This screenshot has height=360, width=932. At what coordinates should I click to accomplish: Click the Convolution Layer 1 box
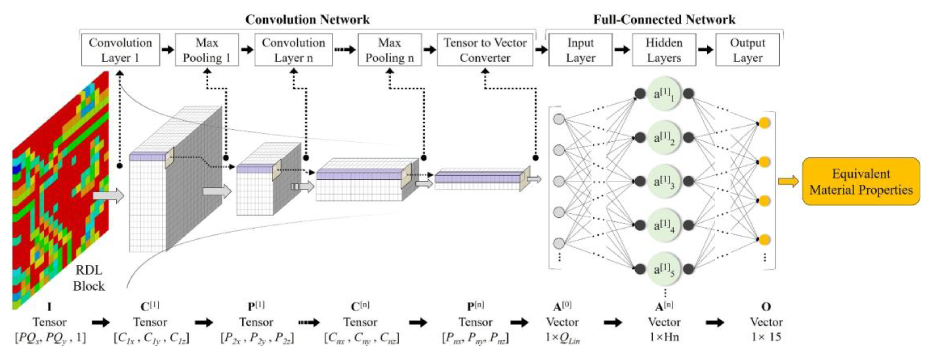pyautogui.click(x=120, y=50)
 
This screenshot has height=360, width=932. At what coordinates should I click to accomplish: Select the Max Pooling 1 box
pyautogui.click(x=207, y=50)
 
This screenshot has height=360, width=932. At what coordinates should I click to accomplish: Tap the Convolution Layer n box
pyautogui.click(x=293, y=50)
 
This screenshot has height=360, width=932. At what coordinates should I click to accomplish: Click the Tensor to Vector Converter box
pyautogui.click(x=485, y=50)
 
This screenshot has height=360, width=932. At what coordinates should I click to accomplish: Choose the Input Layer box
pyautogui.click(x=580, y=50)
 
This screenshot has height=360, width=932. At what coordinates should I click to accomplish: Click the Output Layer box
pyautogui.click(x=747, y=50)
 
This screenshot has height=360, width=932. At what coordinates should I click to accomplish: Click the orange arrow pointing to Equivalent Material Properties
pyautogui.click(x=788, y=181)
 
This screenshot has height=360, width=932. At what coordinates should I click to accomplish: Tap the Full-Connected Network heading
pyautogui.click(x=664, y=20)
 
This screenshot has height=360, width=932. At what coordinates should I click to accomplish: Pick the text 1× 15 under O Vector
pyautogui.click(x=766, y=337)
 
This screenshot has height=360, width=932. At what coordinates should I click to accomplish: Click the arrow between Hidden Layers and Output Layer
pyautogui.click(x=705, y=50)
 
